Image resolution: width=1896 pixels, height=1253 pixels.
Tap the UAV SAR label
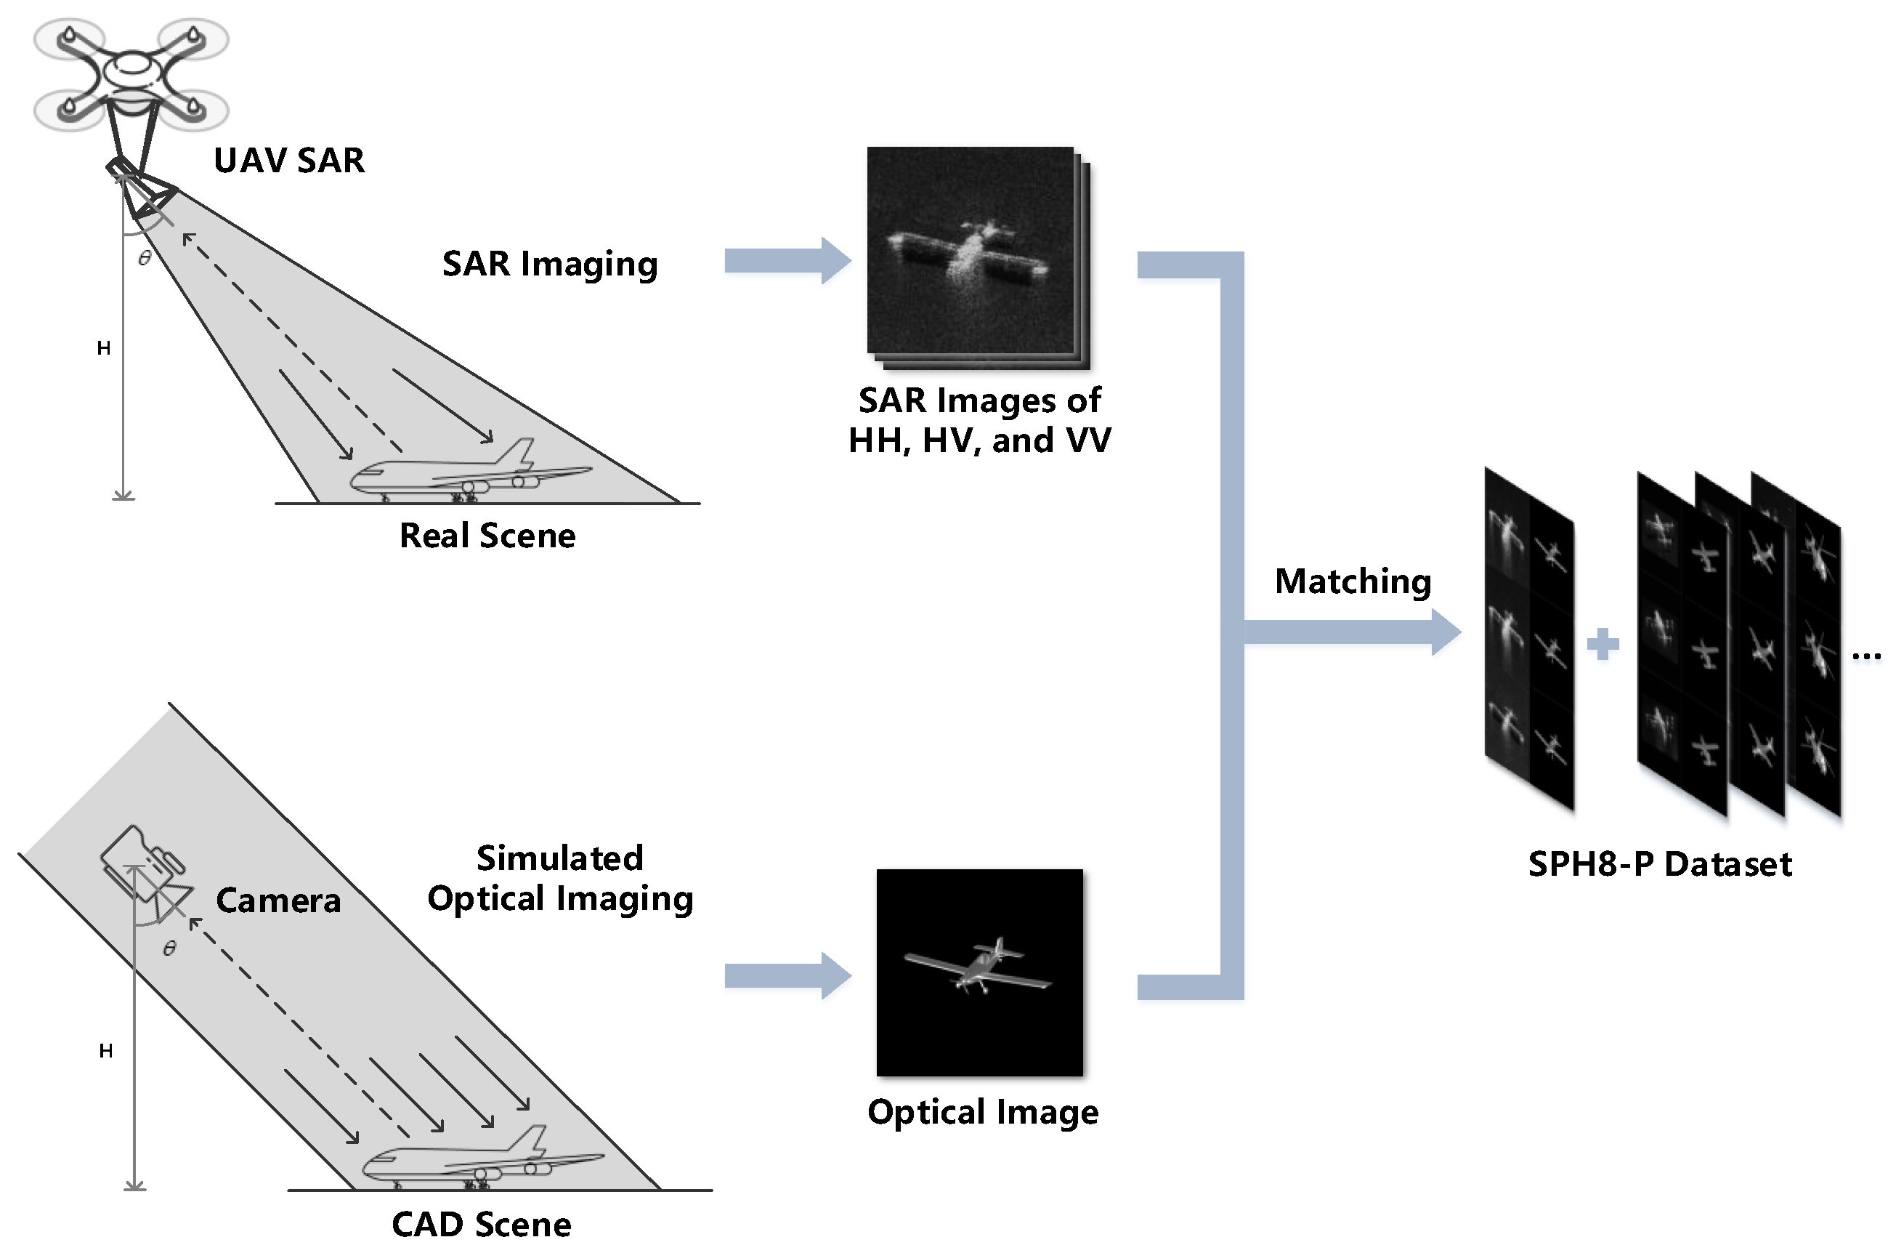[x=289, y=161]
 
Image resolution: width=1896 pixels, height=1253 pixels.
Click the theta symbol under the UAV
[x=145, y=258]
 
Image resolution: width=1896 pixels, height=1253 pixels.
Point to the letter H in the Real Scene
[x=104, y=348]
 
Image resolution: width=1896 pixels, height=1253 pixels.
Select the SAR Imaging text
[x=549, y=264]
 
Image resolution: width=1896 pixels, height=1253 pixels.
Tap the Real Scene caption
[x=487, y=536]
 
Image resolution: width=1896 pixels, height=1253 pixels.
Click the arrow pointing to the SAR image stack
[x=787, y=260]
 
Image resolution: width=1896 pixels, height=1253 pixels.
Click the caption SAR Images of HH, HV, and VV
[x=979, y=420]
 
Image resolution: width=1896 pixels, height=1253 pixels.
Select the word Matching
[x=1352, y=581]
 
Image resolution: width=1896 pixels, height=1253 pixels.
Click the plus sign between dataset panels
[x=1602, y=644]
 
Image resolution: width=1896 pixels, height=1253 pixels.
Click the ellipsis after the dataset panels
[x=1865, y=656]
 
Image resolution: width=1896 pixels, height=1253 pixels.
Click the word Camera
[x=278, y=901]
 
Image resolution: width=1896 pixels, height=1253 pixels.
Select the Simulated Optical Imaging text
[x=560, y=878]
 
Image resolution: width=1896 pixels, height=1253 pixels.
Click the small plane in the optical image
[x=979, y=966]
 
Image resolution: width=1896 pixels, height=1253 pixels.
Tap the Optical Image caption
[x=982, y=1111]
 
